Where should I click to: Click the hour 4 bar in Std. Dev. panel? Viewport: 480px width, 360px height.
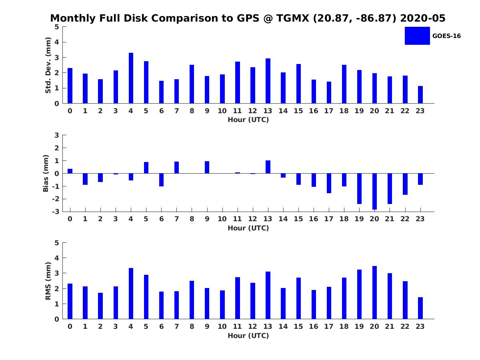[131, 78]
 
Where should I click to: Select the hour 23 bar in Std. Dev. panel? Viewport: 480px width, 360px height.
[420, 95]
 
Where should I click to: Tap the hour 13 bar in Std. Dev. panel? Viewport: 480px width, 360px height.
[268, 81]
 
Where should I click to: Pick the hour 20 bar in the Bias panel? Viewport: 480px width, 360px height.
[374, 191]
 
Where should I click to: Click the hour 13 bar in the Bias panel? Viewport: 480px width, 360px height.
[268, 167]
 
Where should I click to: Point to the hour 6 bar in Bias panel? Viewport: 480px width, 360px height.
[161, 180]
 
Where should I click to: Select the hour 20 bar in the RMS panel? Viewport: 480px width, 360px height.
[374, 292]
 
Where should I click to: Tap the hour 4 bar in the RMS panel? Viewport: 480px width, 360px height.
[131, 294]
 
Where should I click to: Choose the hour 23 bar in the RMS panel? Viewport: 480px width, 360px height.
[420, 308]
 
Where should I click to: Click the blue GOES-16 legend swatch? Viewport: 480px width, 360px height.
[417, 36]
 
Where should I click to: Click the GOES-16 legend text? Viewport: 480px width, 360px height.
[446, 36]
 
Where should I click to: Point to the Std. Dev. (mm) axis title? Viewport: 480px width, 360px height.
[48, 65]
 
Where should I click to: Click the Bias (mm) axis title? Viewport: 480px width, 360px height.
[46, 173]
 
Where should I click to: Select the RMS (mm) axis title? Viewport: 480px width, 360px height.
[48, 281]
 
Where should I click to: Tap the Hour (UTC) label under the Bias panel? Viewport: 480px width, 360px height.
[248, 228]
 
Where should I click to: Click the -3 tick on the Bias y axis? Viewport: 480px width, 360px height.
[56, 212]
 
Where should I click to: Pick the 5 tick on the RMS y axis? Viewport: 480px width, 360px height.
[57, 243]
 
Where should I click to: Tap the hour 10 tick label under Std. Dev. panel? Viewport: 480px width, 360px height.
[222, 111]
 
